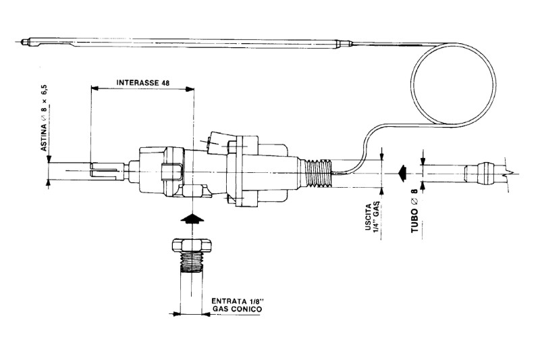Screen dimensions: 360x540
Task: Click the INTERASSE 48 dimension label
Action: [142, 82]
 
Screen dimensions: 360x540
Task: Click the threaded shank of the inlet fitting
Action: [194, 262]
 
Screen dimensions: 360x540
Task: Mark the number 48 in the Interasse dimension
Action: [165, 82]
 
